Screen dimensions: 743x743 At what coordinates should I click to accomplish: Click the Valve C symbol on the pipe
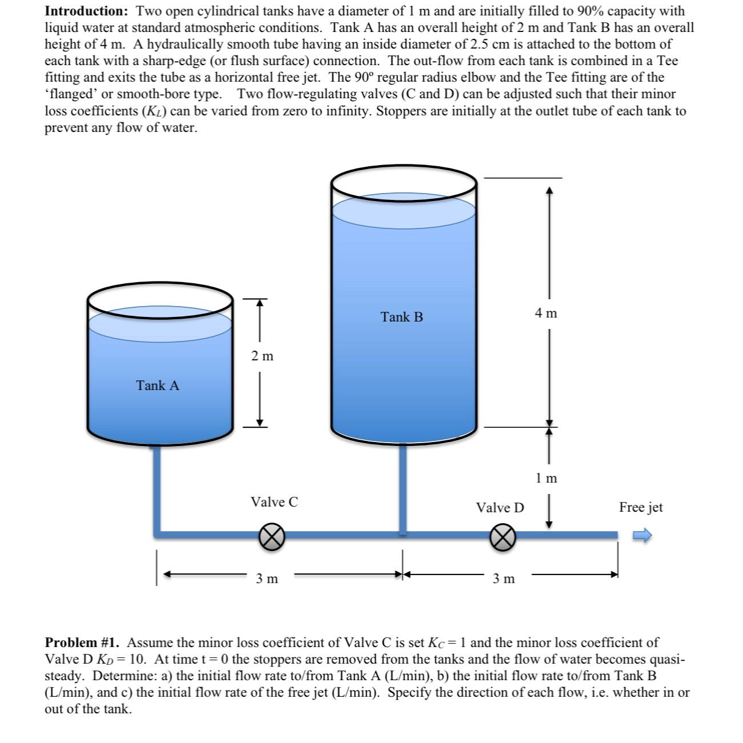tap(272, 536)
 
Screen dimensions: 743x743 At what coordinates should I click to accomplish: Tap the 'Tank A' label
tap(158, 386)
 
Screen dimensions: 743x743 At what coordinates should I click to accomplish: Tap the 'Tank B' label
tap(402, 317)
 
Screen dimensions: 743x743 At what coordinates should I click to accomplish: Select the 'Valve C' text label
tap(274, 502)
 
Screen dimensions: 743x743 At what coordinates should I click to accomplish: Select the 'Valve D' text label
tap(500, 508)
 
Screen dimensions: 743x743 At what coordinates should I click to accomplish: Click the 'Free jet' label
tap(641, 507)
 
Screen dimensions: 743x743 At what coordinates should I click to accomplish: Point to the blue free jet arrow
tap(644, 536)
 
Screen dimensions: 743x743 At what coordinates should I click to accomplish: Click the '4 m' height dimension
tap(546, 313)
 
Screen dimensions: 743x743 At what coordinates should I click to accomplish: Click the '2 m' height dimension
tap(262, 356)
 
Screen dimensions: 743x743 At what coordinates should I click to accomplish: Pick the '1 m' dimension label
tap(547, 479)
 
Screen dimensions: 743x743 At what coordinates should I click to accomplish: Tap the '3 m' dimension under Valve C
tap(267, 579)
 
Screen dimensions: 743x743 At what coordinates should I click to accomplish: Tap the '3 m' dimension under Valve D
tap(504, 579)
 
